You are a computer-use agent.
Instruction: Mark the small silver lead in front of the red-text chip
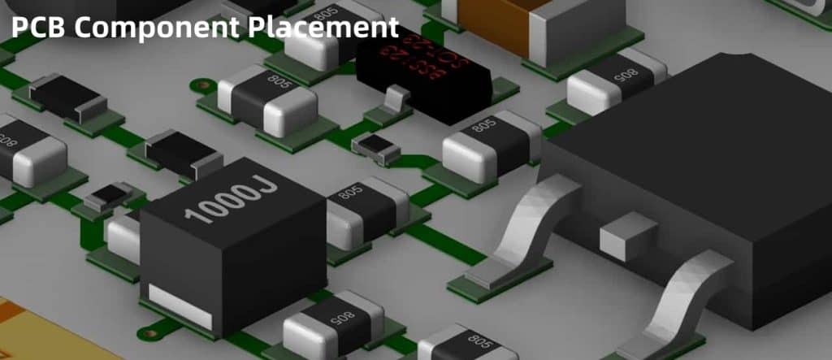[394, 101]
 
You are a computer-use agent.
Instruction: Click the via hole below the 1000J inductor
[149, 332]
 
